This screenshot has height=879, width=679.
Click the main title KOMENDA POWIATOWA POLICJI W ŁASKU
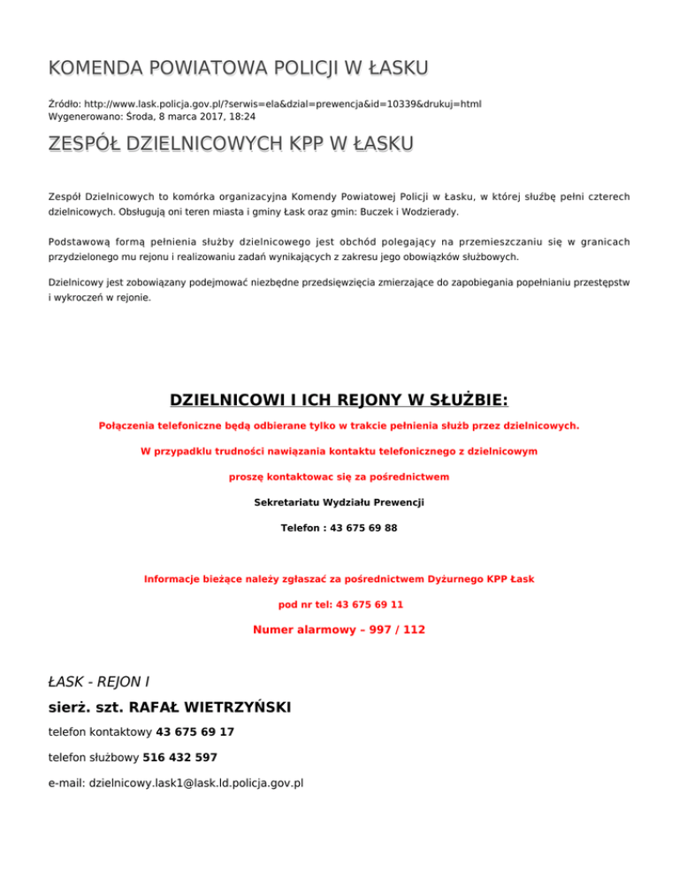[238, 67]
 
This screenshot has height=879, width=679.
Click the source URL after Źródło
[282, 103]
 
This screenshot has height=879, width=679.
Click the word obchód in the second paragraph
[362, 241]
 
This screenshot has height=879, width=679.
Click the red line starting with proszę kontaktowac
[339, 477]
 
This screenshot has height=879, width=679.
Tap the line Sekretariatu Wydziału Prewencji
[339, 502]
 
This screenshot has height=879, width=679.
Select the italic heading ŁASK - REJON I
[98, 682]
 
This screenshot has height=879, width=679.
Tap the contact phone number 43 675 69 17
[195, 732]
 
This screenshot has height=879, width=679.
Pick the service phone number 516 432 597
[180, 757]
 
